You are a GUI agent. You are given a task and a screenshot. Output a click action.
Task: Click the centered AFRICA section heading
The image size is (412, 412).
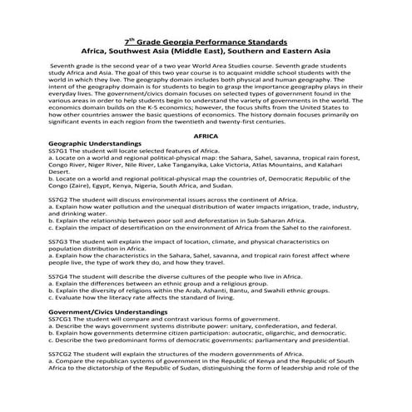click(x=206, y=134)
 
